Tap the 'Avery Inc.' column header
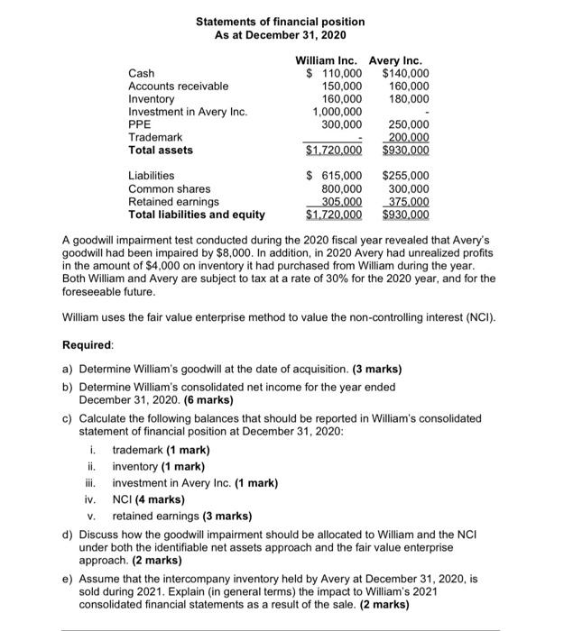pos(400,59)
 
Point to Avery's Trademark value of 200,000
pos(407,136)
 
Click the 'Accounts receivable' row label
pos(179,86)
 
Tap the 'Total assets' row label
pos(161,150)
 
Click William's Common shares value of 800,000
pos(342,188)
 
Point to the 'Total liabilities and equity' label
pos(197,215)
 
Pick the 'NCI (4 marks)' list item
pos(148,498)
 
